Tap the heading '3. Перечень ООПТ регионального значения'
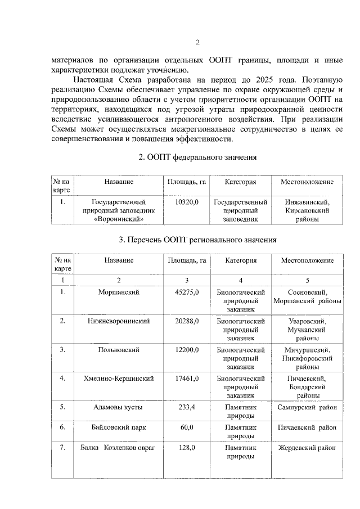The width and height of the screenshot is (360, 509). tap(197, 239)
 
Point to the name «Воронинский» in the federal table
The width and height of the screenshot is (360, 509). tap(119, 220)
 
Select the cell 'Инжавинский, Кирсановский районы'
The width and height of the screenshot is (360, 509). tap(307, 210)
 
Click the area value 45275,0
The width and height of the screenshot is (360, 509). tap(187, 292)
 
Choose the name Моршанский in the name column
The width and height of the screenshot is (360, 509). tap(119, 292)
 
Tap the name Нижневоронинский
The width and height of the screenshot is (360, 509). tap(119, 321)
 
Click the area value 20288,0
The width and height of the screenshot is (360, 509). tap(187, 321)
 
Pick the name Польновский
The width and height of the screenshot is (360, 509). tap(119, 350)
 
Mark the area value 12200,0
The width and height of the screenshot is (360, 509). tap(187, 350)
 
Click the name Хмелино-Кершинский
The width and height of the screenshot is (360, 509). tap(119, 379)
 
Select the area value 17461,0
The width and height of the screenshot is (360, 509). tap(187, 379)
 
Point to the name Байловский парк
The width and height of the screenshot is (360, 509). tap(119, 428)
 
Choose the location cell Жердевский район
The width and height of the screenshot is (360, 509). tap(307, 448)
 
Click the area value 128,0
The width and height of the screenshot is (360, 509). tap(187, 448)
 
